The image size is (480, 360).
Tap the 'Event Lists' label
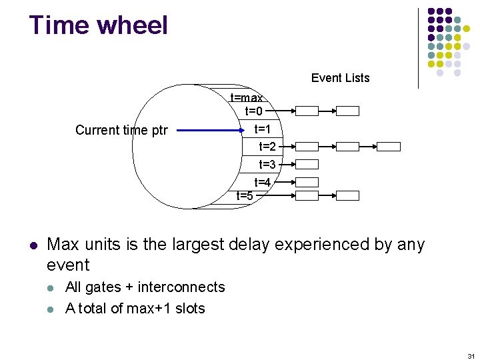pos(340,78)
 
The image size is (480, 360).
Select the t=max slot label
pos(246,98)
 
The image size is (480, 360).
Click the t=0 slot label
pos(254,111)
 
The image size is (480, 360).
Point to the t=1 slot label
pos(263,129)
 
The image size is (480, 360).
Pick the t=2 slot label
pos(267,147)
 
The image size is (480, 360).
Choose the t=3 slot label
pos(267,164)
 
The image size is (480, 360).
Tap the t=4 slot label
pos(262,182)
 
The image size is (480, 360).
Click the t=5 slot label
pos(245,195)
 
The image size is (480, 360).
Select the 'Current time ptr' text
pos(121,130)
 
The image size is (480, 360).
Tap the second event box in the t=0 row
pos(347,111)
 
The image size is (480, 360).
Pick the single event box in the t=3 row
pos(307,164)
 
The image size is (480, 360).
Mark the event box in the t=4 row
pos(307,182)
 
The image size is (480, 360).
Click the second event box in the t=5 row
pos(347,196)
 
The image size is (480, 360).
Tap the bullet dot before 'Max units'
pos(33,245)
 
